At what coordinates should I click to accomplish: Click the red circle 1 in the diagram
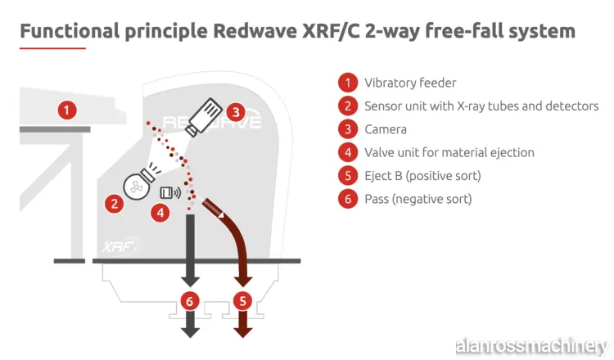click(68, 107)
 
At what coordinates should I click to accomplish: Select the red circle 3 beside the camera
click(235, 111)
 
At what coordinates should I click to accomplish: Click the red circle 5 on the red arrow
click(242, 300)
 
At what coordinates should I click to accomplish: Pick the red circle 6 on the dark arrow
click(190, 300)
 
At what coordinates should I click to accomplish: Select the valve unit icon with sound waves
click(171, 192)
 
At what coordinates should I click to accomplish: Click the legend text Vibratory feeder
click(410, 83)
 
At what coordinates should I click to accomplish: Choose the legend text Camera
click(386, 129)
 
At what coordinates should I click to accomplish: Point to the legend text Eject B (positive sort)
click(422, 175)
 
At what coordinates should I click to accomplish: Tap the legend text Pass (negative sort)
click(418, 199)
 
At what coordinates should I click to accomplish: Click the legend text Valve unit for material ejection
click(449, 152)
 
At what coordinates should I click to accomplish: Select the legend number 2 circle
click(348, 106)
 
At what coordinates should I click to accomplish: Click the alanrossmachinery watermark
click(530, 342)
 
